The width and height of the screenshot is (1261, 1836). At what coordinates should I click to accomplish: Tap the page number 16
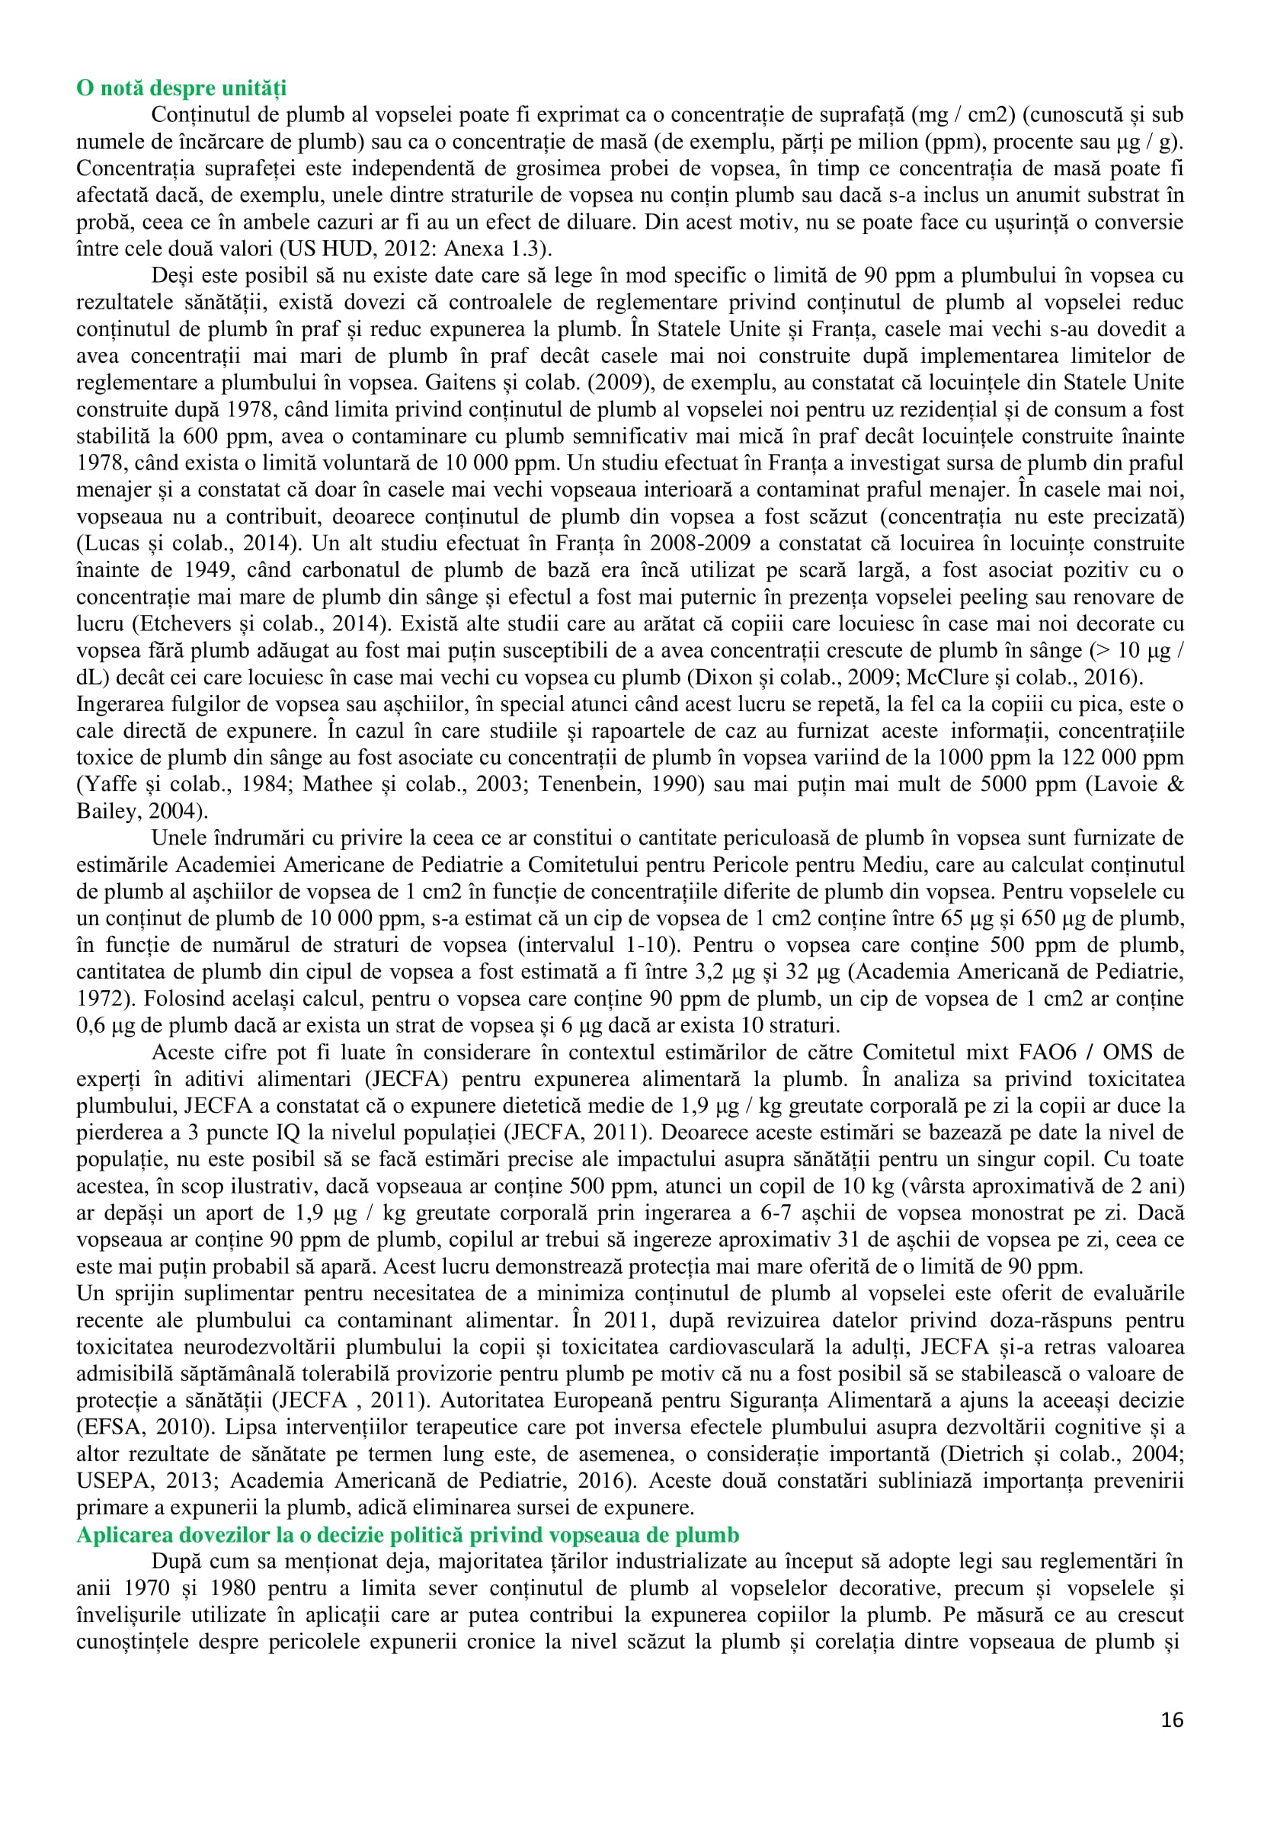pos(1173,1720)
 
